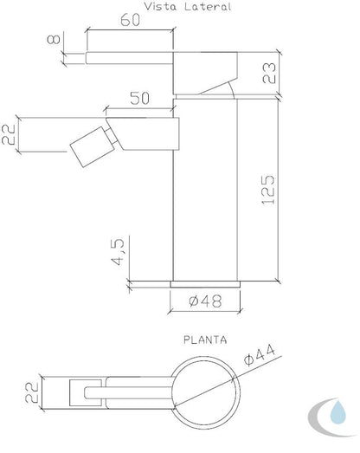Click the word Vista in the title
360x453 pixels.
click(x=160, y=6)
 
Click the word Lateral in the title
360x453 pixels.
click(x=208, y=6)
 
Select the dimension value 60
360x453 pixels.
click(x=130, y=20)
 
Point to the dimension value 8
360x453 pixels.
click(x=54, y=39)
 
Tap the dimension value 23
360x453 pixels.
click(x=269, y=73)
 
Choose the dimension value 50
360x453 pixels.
click(x=139, y=98)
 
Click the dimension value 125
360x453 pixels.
click(x=268, y=190)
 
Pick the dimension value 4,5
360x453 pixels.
click(x=118, y=252)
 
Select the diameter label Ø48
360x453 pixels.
click(x=205, y=301)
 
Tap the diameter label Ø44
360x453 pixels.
click(x=260, y=356)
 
